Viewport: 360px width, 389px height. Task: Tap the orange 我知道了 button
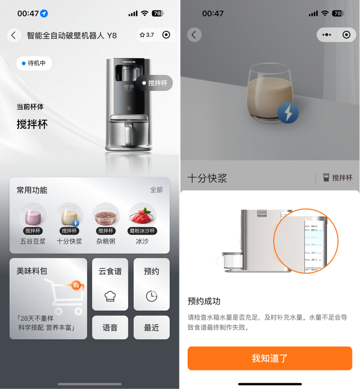coord(269,358)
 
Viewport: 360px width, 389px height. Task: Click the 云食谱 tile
coord(110,284)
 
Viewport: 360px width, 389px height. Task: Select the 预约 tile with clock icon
coord(151,284)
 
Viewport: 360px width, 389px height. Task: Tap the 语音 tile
coord(110,327)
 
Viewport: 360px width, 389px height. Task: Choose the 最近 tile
coord(151,327)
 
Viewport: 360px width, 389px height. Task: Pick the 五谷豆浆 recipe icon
coord(33,216)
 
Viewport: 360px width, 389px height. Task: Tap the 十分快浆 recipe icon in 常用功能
coord(69,216)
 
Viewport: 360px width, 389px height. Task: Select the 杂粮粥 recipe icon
coord(105,216)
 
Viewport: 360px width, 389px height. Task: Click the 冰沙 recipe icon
coord(142,216)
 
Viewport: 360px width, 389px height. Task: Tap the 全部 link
coord(156,190)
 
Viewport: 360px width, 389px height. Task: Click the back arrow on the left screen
coord(14,35)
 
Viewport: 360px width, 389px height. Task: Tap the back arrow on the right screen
coord(194,35)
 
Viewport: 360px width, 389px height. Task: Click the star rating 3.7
coord(147,35)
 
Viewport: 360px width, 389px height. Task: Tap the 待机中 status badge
coord(34,63)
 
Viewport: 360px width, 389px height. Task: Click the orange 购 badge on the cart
coord(76,285)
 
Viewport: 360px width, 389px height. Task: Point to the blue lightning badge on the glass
coord(288,113)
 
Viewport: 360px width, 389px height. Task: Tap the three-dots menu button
coord(327,35)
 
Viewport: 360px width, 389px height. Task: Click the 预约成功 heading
coord(204,301)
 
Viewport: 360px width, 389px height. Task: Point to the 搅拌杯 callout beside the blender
coord(154,83)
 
